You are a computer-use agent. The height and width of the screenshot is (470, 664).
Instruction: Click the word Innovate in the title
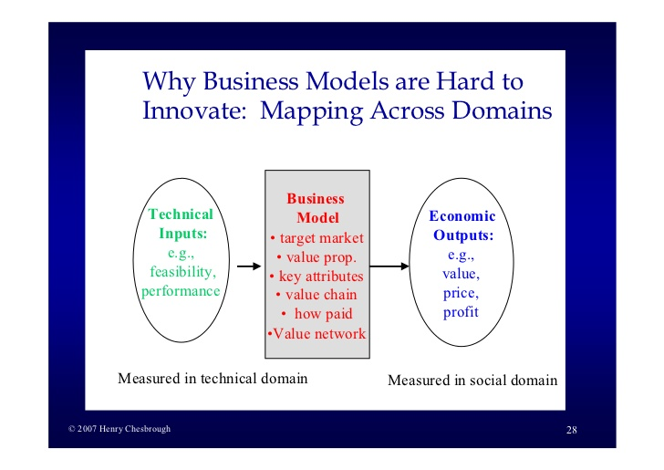pyautogui.click(x=194, y=110)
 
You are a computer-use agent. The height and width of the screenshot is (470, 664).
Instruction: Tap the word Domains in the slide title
pyautogui.click(x=502, y=110)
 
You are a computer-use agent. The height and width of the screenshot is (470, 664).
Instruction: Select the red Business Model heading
pyautogui.click(x=316, y=208)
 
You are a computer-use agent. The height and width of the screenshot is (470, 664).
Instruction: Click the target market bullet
pyautogui.click(x=316, y=238)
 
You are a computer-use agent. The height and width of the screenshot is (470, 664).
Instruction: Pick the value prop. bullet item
pyautogui.click(x=316, y=257)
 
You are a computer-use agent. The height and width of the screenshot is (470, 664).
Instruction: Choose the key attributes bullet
pyautogui.click(x=316, y=277)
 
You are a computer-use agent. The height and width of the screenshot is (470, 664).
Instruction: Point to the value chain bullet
pyautogui.click(x=316, y=295)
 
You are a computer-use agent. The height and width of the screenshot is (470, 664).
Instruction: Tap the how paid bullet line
pyautogui.click(x=316, y=314)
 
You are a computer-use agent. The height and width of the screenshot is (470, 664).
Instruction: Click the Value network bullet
pyautogui.click(x=316, y=333)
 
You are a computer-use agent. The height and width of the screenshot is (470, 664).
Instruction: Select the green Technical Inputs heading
pyautogui.click(x=182, y=224)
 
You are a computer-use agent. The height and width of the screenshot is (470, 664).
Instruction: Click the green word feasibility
pyautogui.click(x=182, y=272)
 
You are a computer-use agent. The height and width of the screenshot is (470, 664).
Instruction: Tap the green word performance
pyautogui.click(x=181, y=291)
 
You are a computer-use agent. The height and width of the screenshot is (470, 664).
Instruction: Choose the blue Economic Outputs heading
pyautogui.click(x=462, y=225)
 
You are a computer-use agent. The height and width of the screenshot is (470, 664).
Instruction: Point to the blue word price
pyautogui.click(x=461, y=293)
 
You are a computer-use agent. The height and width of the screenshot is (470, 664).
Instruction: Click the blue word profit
pyautogui.click(x=461, y=312)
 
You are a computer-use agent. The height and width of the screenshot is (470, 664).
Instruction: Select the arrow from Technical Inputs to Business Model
pyautogui.click(x=249, y=266)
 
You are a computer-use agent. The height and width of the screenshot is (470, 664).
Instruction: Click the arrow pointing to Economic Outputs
pyautogui.click(x=389, y=266)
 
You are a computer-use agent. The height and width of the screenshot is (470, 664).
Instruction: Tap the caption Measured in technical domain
pyautogui.click(x=213, y=379)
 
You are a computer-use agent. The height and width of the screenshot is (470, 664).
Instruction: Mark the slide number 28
pyautogui.click(x=572, y=430)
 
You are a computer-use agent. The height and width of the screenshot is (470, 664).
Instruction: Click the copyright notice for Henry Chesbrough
pyautogui.click(x=119, y=429)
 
